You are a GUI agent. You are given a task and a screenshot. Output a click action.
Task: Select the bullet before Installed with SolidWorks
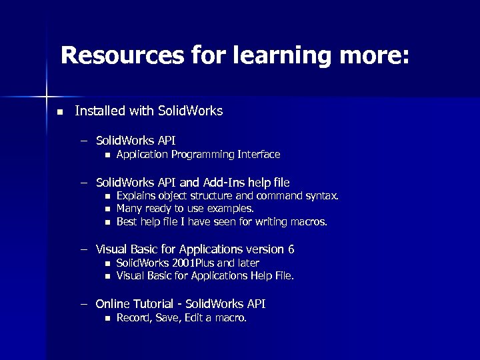tap(59, 112)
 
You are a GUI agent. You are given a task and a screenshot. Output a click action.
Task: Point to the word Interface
tap(259, 155)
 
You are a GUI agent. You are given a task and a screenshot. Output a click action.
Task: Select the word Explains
tap(135, 196)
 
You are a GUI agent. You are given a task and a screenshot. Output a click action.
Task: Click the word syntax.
tap(323, 196)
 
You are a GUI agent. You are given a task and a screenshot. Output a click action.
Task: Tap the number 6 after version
tap(291, 249)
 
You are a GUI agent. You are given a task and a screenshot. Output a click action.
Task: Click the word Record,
tap(135, 318)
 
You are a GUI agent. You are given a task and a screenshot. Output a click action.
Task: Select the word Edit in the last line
tap(193, 318)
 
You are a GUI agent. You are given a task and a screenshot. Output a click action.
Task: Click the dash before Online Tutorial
tap(85, 304)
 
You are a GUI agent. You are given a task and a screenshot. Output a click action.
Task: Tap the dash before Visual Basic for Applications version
tap(85, 249)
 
